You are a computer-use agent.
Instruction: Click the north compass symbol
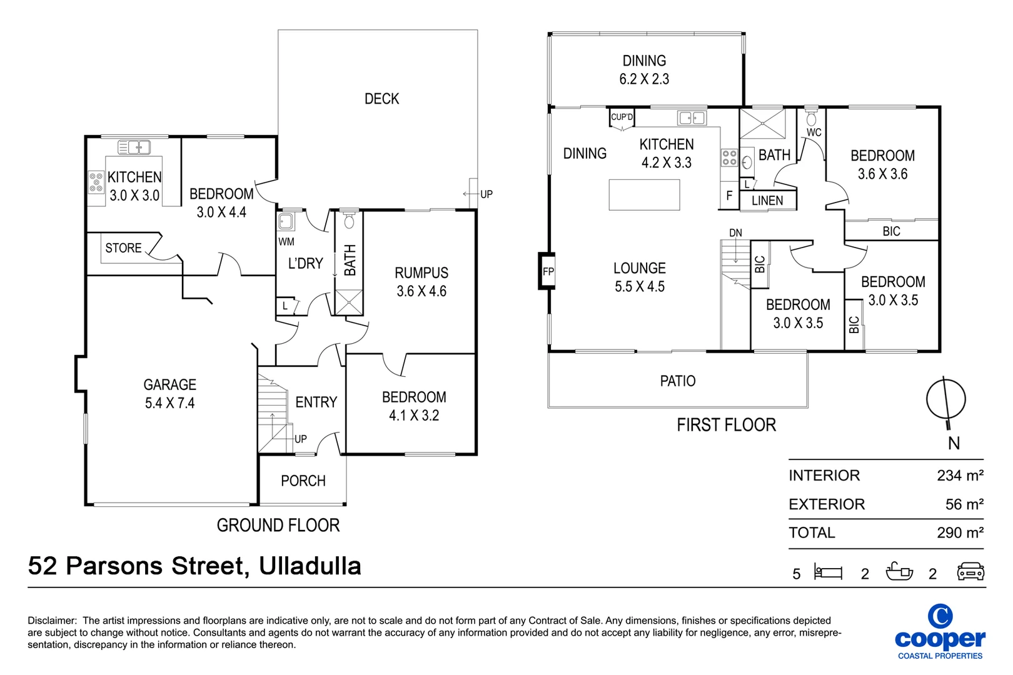(x=945, y=399)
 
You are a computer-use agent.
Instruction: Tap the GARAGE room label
(x=169, y=385)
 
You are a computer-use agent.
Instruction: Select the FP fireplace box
(x=548, y=271)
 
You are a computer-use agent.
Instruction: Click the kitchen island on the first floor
(x=644, y=195)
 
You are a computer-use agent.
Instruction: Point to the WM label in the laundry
(x=286, y=242)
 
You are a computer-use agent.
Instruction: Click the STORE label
(x=123, y=248)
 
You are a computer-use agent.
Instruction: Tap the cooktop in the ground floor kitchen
(x=96, y=182)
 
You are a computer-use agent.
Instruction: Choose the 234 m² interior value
(x=960, y=476)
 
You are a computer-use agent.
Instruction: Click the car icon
(x=970, y=572)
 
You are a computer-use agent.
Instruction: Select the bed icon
(x=828, y=572)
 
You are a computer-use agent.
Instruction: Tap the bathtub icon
(x=899, y=572)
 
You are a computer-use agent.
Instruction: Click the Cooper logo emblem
(x=940, y=616)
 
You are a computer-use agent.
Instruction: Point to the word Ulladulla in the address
(x=310, y=566)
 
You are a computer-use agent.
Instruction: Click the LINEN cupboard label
(x=767, y=201)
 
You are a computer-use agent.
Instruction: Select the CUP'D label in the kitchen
(x=622, y=117)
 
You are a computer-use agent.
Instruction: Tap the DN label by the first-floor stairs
(x=735, y=233)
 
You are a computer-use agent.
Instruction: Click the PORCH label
(x=303, y=481)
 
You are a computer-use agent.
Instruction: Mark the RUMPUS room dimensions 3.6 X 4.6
(x=421, y=291)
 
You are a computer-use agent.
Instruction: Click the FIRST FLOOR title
(x=726, y=426)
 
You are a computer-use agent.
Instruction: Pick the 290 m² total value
(x=960, y=533)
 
